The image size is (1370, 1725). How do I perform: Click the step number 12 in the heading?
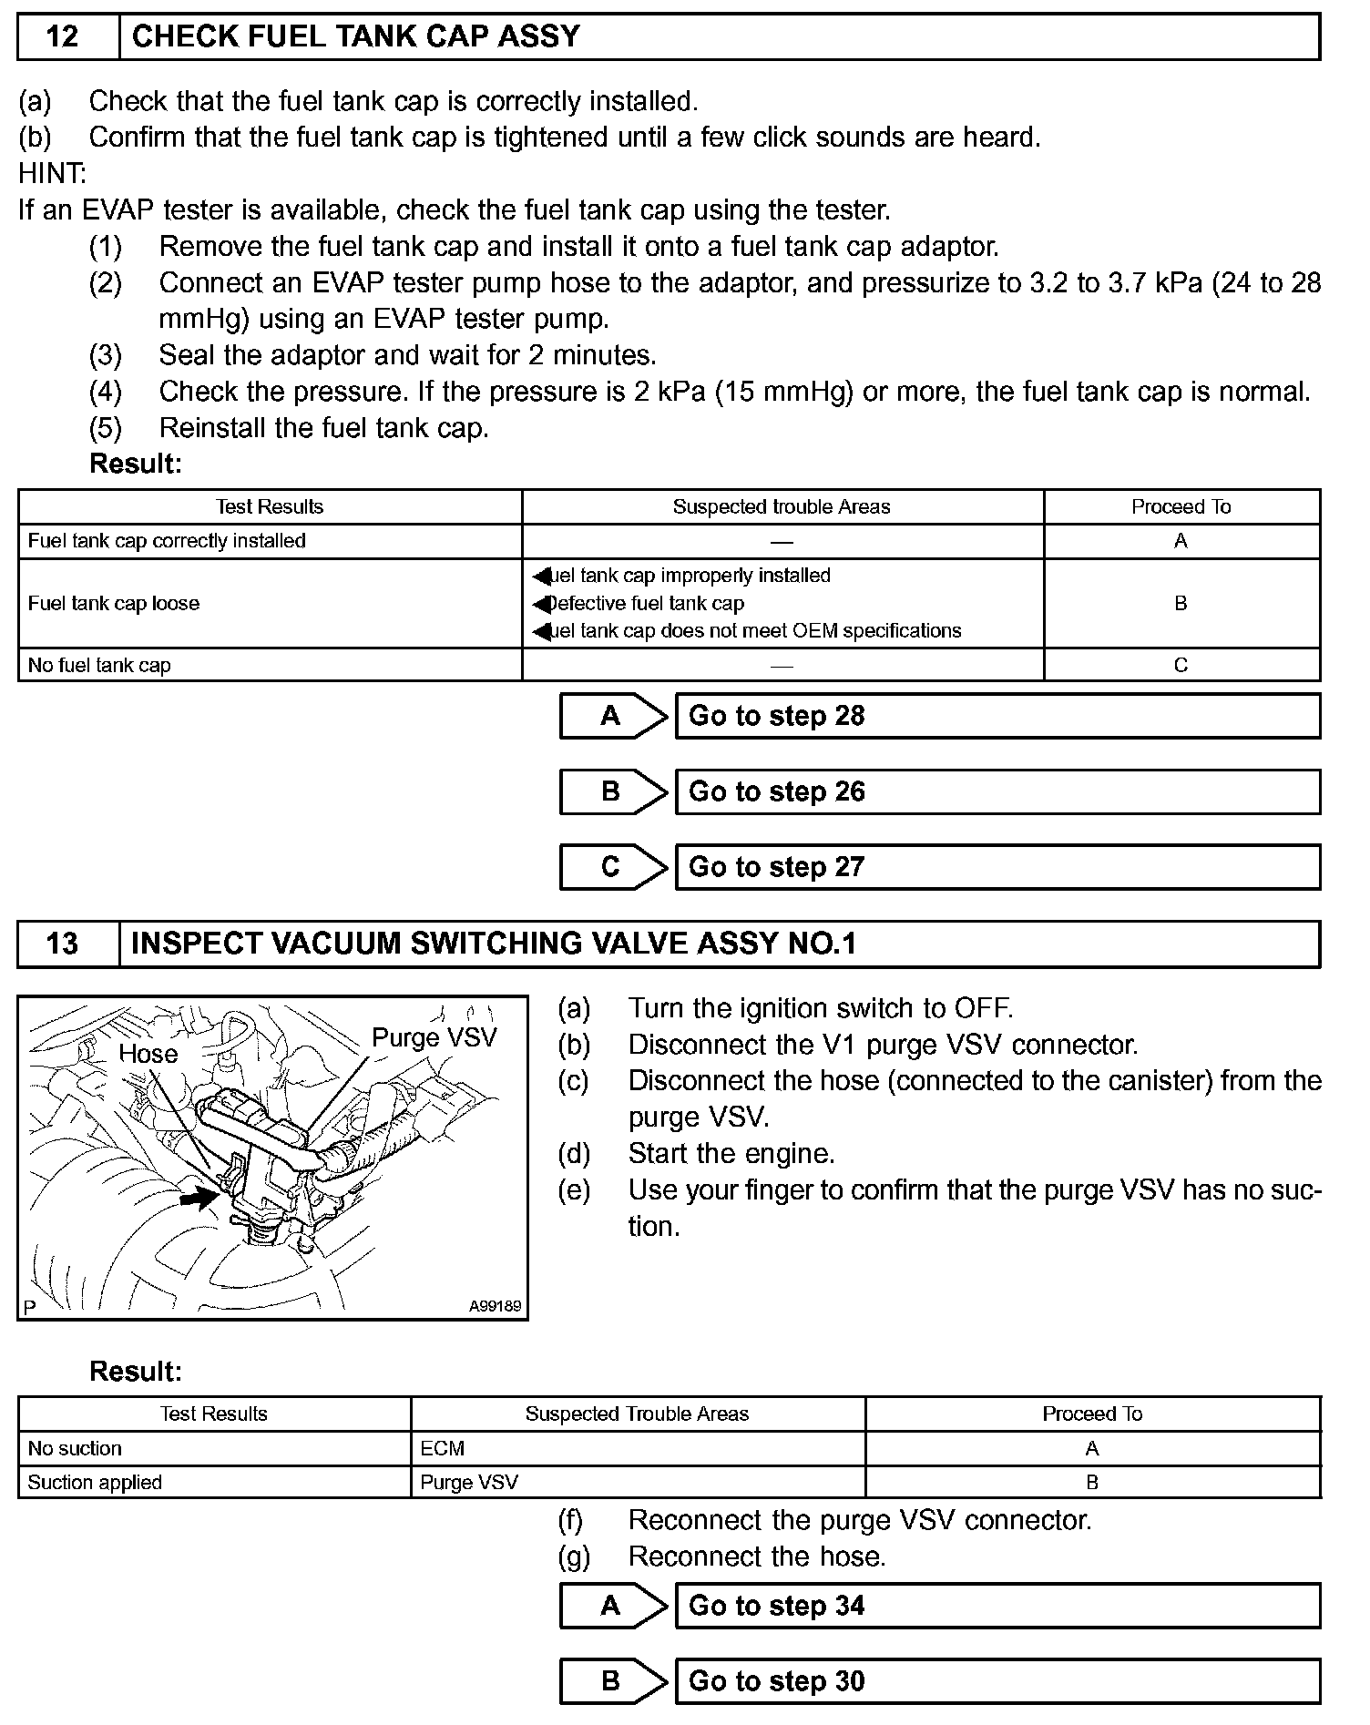(62, 36)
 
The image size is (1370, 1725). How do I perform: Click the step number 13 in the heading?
(62, 944)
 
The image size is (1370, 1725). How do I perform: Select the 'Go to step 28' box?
(997, 716)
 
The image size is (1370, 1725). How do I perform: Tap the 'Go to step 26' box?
(997, 791)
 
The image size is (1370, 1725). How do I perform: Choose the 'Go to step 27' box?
(997, 867)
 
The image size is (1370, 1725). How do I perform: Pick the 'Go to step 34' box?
(997, 1606)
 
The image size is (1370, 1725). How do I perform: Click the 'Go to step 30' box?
(997, 1681)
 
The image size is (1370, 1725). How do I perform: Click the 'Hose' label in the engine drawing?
(148, 1054)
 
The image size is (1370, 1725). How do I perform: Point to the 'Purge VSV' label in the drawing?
(435, 1037)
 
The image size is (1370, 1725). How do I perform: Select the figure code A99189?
(495, 1306)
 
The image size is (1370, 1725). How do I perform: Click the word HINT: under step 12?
(52, 173)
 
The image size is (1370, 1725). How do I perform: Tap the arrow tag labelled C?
(612, 867)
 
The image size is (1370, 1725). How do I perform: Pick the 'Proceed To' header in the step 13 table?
(1091, 1414)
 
